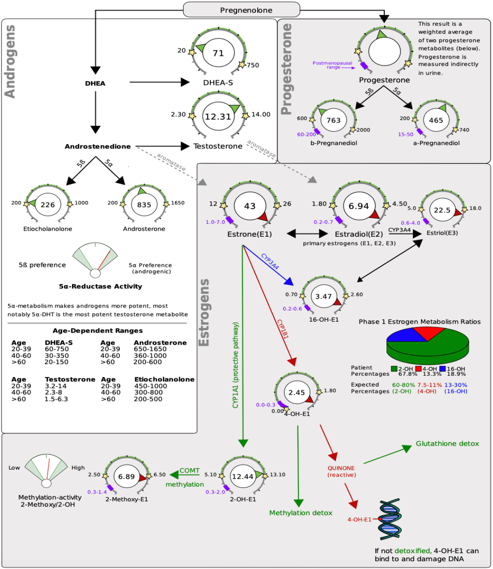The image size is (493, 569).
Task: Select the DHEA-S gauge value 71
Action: [x=218, y=53]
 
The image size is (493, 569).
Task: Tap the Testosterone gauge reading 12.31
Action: [x=218, y=116]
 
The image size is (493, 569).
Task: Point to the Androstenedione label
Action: [x=98, y=146]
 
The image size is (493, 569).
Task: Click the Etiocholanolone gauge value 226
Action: [x=48, y=205]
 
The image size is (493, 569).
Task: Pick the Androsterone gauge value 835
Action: [x=144, y=205]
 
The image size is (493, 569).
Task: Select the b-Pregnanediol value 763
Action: [x=333, y=120]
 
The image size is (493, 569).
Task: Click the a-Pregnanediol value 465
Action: [x=436, y=120]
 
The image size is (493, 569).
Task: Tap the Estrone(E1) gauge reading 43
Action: [x=250, y=206]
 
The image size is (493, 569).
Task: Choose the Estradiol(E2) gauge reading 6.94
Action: [x=359, y=206]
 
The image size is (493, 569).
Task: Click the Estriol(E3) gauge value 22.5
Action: [x=442, y=210]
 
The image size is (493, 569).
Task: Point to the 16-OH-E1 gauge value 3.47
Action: [x=324, y=296]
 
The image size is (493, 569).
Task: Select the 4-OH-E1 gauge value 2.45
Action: [x=297, y=392]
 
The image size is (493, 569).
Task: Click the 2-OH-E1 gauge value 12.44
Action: [x=243, y=476]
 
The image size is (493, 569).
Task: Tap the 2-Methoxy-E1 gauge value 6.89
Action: [x=127, y=476]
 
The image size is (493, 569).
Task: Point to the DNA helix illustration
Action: [x=389, y=520]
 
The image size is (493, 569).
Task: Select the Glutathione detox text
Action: [x=447, y=444]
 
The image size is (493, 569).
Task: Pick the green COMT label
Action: [x=189, y=470]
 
